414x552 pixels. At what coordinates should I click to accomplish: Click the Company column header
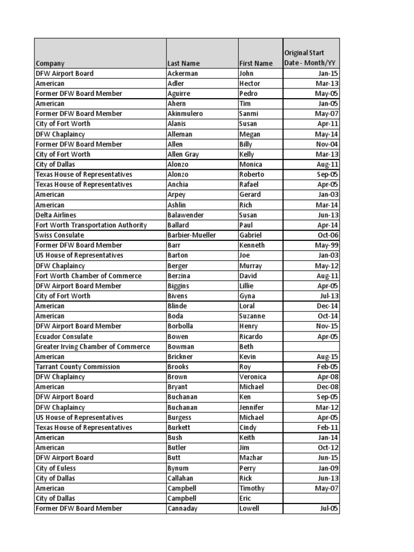coord(50,64)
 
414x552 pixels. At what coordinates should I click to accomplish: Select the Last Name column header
coord(184,64)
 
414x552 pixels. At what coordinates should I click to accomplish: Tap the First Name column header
coord(256,64)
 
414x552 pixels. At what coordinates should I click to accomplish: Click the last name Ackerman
coord(183,73)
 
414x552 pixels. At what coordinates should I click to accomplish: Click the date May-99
coord(327,245)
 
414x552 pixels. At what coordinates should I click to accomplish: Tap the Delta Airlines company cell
coord(56,215)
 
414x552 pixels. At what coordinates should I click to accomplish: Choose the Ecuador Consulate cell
coord(62,336)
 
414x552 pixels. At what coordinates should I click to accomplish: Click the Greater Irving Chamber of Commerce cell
coord(93,347)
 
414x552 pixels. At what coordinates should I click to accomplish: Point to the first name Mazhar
coord(250,458)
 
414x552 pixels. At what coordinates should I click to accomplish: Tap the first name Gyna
coord(247,296)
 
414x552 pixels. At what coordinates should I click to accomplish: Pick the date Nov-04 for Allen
coord(327,144)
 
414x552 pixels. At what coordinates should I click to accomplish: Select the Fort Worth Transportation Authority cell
coord(91,225)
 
